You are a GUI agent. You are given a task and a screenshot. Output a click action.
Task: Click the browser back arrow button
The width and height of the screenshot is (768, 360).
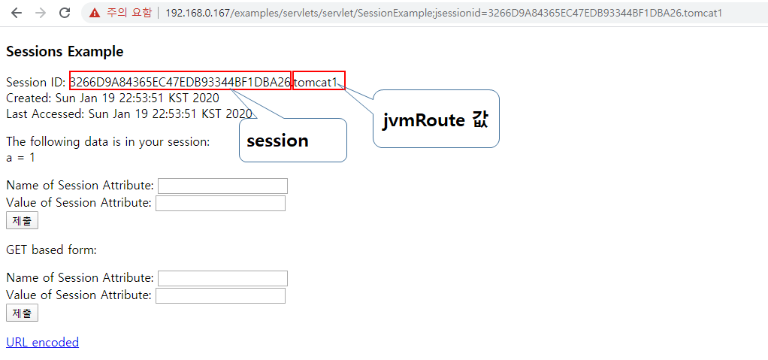point(17,13)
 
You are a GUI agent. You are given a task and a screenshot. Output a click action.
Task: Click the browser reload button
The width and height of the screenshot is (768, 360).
point(65,13)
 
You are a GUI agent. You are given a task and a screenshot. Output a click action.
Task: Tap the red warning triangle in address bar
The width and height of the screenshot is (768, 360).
point(95,13)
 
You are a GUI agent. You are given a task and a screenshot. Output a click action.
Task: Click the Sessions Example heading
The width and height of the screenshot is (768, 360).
point(65,51)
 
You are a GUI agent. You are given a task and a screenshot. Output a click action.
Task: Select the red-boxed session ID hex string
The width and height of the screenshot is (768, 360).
point(180,81)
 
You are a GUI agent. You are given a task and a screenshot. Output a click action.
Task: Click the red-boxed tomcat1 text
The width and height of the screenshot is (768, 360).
point(319,81)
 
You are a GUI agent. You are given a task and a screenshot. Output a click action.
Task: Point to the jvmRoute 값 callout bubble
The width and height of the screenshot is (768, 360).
point(436,119)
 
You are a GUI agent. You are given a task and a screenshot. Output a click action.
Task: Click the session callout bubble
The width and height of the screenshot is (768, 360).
point(292,141)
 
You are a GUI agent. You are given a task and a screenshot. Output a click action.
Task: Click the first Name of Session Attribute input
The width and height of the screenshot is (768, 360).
point(222,186)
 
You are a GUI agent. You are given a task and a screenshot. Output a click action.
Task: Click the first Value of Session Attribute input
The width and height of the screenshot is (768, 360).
point(220,203)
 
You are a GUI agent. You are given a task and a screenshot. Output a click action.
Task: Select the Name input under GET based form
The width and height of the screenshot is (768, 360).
point(222,278)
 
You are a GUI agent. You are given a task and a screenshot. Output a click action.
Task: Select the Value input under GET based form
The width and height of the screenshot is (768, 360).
point(220,295)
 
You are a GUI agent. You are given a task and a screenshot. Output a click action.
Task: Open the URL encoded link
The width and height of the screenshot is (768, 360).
point(42,342)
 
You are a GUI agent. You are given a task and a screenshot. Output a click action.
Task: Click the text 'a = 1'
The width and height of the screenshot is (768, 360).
point(21,158)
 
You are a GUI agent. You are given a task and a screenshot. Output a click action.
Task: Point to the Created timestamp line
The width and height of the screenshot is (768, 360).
point(113,98)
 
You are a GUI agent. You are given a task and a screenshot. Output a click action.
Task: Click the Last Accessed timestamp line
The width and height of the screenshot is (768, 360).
point(129,113)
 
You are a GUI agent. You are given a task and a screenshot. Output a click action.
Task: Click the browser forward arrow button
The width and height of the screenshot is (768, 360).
point(41,13)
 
